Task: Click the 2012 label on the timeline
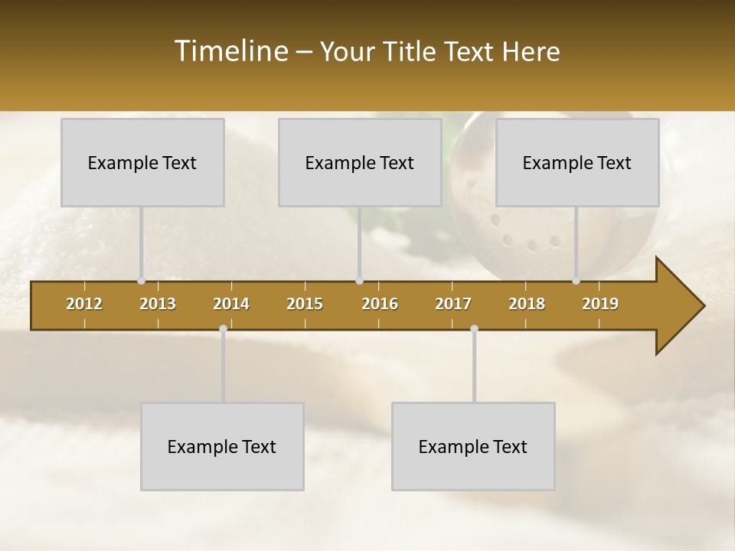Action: pyautogui.click(x=84, y=304)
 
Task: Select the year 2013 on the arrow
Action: pyautogui.click(x=158, y=304)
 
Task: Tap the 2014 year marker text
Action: pyautogui.click(x=231, y=304)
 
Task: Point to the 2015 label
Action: pyautogui.click(x=305, y=304)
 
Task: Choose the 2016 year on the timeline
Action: pyautogui.click(x=380, y=304)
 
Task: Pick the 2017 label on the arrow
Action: pyautogui.click(x=453, y=304)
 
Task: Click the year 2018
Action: pyautogui.click(x=527, y=304)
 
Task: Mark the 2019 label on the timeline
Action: pyautogui.click(x=600, y=304)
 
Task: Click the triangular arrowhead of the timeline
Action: pyautogui.click(x=678, y=306)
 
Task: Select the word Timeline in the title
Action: pyautogui.click(x=230, y=51)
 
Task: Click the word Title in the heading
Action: pyautogui.click(x=409, y=52)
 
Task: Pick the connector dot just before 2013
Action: pyautogui.click(x=141, y=281)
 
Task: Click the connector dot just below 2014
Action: pyautogui.click(x=223, y=329)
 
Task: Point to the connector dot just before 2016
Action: pyautogui.click(x=359, y=281)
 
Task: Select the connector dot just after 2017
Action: pyautogui.click(x=474, y=329)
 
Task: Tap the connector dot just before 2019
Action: pyautogui.click(x=576, y=281)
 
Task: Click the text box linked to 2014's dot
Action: pyautogui.click(x=222, y=446)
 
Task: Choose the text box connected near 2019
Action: pyautogui.click(x=577, y=162)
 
